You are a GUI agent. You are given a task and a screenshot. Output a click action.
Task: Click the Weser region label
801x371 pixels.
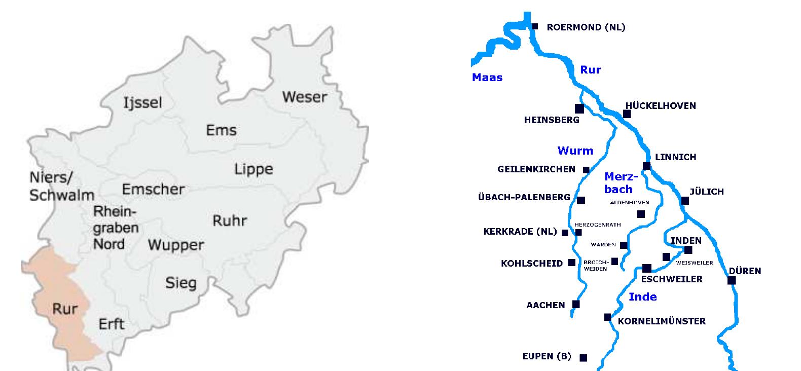point(304,96)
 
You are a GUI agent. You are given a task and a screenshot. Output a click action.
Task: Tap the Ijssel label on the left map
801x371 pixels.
point(143,103)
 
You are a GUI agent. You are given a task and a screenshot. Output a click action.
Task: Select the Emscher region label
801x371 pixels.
point(153,189)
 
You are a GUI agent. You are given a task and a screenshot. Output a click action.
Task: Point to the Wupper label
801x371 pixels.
point(176,245)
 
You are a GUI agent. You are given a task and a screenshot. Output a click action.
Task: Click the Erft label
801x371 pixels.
point(112,324)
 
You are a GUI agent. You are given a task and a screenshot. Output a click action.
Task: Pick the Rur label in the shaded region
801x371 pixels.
point(64,308)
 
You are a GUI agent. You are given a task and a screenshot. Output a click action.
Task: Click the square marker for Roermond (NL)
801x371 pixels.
point(534,26)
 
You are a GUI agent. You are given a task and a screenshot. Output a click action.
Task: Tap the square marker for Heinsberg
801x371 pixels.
point(579,108)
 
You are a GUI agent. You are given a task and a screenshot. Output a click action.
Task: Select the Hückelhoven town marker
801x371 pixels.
point(627,114)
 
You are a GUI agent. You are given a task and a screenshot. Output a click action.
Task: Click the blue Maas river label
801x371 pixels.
point(487,78)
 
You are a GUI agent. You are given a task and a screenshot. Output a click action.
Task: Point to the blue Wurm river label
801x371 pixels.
point(575,151)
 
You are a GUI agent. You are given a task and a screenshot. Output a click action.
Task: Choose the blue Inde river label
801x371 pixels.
point(642,297)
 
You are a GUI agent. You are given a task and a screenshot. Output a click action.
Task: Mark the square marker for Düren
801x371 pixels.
point(732,280)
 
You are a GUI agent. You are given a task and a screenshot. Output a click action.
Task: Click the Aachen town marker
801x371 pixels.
point(576,304)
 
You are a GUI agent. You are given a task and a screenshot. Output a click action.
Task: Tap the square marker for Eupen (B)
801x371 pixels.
point(583,358)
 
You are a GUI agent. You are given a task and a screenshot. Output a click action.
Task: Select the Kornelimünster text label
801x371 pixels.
point(662,321)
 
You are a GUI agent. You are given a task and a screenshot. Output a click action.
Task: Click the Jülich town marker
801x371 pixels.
point(685,201)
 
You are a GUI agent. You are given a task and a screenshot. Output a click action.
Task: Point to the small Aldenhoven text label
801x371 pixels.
point(630,203)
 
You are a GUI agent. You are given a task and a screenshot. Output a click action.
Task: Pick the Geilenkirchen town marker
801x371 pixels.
point(586,170)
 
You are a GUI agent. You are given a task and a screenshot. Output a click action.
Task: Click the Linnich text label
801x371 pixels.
point(675,157)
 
